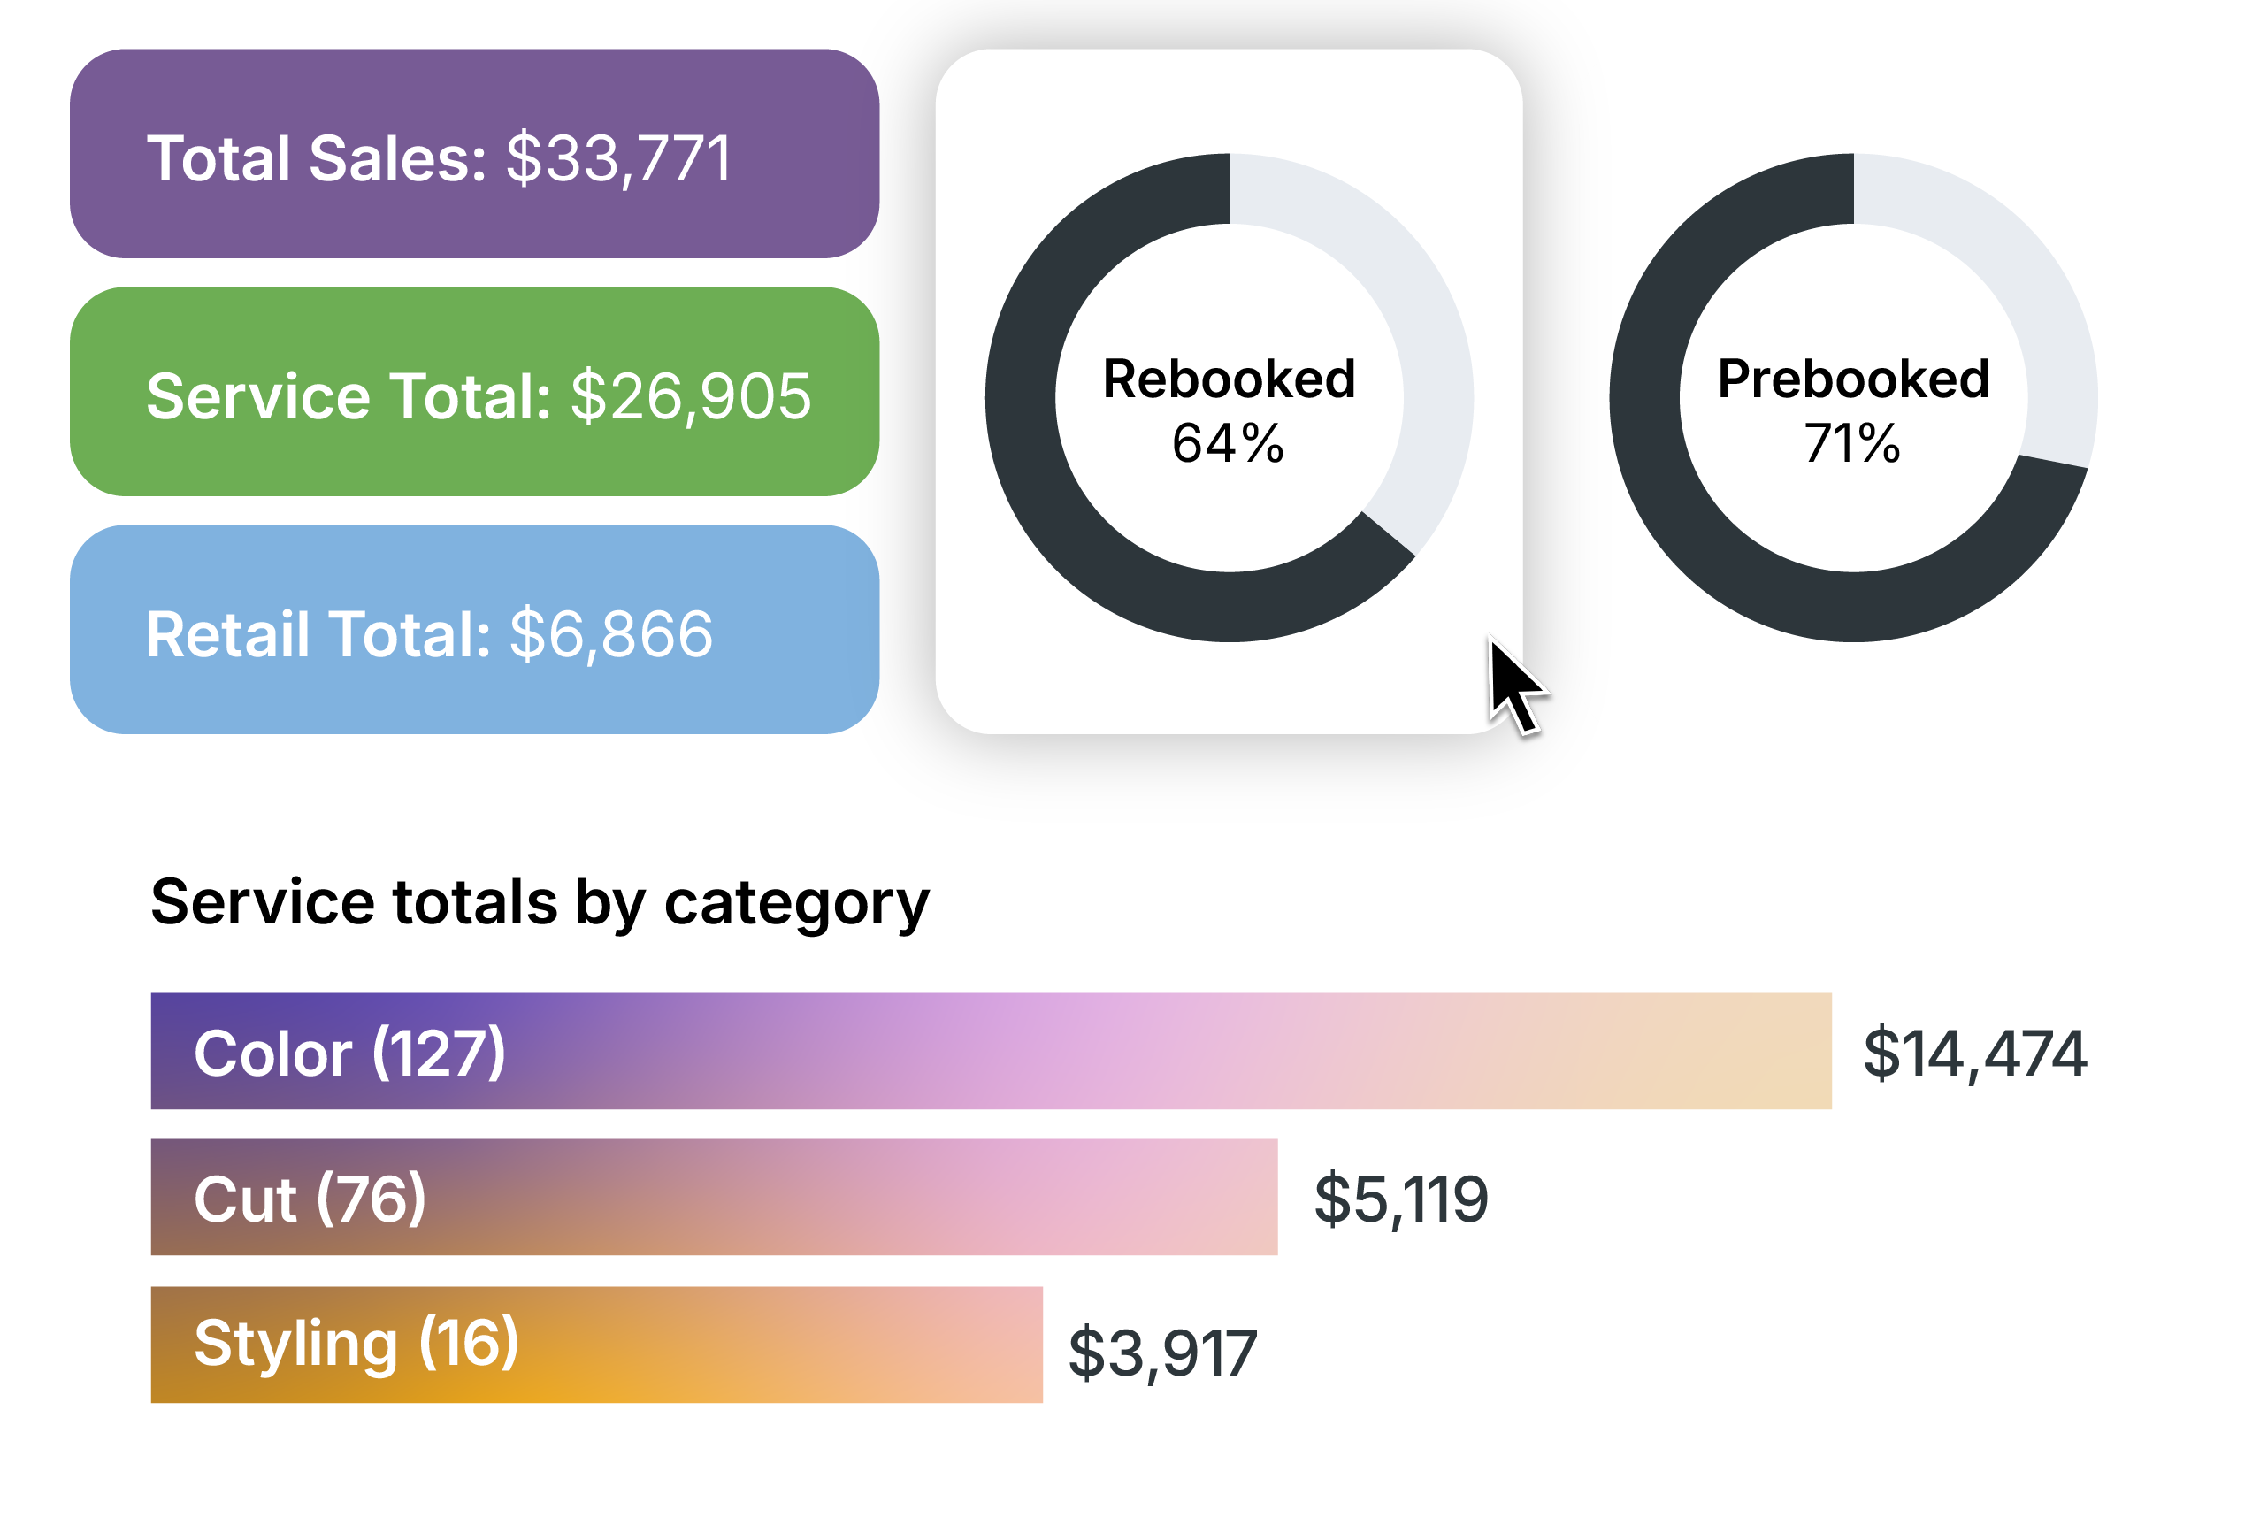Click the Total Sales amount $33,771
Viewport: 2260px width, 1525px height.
(x=618, y=158)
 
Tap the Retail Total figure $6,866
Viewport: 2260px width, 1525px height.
(x=610, y=634)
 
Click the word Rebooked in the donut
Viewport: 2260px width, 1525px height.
(x=1230, y=379)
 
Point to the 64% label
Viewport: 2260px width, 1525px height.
(x=1229, y=443)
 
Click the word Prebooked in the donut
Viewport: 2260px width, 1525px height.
(x=1853, y=379)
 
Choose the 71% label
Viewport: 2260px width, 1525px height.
(x=1852, y=443)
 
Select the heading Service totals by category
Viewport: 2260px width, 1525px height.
(x=540, y=901)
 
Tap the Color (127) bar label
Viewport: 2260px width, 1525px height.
(x=349, y=1053)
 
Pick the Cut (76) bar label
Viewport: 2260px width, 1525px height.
(x=310, y=1199)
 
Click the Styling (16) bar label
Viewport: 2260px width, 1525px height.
(x=356, y=1343)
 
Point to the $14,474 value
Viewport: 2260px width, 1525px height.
(x=1974, y=1054)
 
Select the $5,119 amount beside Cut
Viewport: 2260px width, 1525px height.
(x=1400, y=1199)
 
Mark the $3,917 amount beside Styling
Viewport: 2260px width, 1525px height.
(x=1162, y=1353)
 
